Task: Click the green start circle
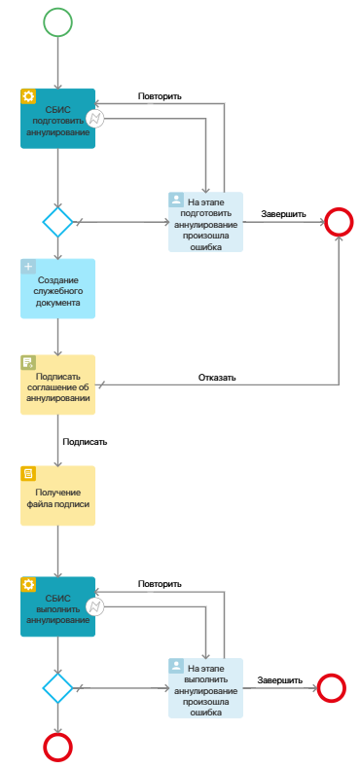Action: (x=57, y=21)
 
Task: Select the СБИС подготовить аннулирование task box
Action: (x=58, y=119)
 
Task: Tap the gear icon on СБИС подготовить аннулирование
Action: (x=28, y=96)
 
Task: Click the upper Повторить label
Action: (x=160, y=96)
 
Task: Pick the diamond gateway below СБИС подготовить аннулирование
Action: (x=57, y=222)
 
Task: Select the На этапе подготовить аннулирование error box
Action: (x=205, y=222)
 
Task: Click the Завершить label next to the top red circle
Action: (x=283, y=213)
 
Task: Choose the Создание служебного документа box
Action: (x=58, y=288)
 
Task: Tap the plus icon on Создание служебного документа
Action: (x=28, y=267)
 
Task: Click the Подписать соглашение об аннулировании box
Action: (x=58, y=384)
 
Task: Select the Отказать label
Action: (x=217, y=377)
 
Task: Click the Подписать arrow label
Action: (x=85, y=441)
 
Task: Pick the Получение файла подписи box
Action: (x=58, y=495)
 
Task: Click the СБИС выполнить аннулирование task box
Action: (x=58, y=606)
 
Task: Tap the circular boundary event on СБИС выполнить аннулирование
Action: (x=95, y=607)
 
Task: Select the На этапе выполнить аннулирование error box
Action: (x=205, y=688)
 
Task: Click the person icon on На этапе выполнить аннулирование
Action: (x=176, y=666)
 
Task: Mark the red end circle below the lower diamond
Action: (x=57, y=747)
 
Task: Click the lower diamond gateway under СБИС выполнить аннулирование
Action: (x=57, y=688)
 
